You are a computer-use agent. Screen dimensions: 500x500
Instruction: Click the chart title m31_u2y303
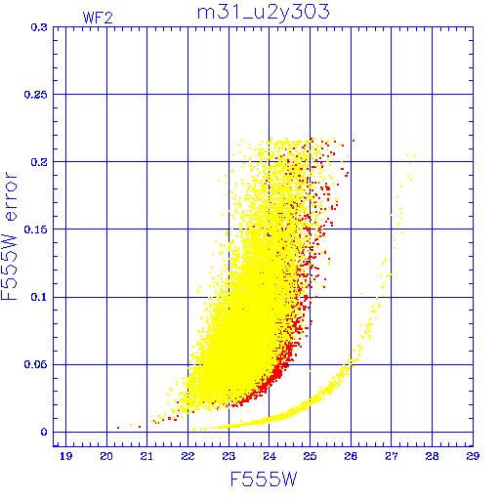click(x=264, y=13)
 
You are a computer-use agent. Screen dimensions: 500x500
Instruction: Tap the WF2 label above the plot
click(x=98, y=18)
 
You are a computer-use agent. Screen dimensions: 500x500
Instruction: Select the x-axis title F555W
click(x=264, y=479)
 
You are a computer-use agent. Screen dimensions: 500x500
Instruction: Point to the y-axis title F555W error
click(x=9, y=235)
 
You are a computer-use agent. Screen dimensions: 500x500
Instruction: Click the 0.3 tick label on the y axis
click(x=39, y=27)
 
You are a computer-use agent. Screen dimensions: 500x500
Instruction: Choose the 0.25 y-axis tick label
click(x=36, y=95)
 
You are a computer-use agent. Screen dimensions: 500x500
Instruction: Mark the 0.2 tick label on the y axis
click(x=39, y=162)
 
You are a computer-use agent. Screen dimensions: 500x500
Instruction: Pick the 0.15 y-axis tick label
click(x=36, y=229)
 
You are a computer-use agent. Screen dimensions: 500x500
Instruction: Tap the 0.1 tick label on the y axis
click(x=39, y=297)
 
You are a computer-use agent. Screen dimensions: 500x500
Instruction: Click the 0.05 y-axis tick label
click(x=36, y=364)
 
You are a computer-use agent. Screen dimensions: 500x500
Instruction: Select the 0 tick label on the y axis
click(x=44, y=433)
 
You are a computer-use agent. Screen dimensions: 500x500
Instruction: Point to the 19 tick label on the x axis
click(x=65, y=456)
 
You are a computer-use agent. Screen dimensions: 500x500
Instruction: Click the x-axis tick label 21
click(x=146, y=456)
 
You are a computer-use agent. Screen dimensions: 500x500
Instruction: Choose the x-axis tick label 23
click(x=229, y=456)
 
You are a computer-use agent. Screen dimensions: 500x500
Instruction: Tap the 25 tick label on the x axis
click(x=310, y=456)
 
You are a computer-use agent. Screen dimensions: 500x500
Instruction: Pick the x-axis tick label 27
click(x=392, y=456)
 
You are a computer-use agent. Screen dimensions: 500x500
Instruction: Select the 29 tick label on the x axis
click(x=473, y=456)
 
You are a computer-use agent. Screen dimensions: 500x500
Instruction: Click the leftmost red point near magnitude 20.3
click(x=118, y=428)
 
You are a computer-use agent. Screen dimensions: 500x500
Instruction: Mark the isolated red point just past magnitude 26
click(x=354, y=141)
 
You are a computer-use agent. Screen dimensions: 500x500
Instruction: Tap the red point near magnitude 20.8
click(x=140, y=427)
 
